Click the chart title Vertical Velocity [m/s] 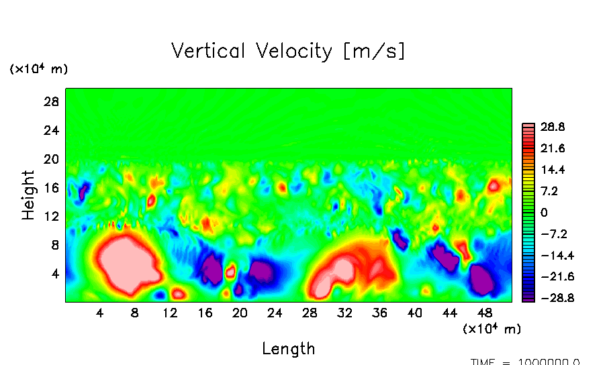pyautogui.click(x=288, y=51)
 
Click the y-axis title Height pyautogui.click(x=28, y=195)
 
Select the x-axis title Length pyautogui.click(x=288, y=349)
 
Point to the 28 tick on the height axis pyautogui.click(x=52, y=102)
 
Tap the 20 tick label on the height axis pyautogui.click(x=52, y=159)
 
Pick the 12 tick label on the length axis pyautogui.click(x=170, y=313)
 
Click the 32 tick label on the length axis pyautogui.click(x=344, y=313)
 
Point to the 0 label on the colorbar pyautogui.click(x=545, y=212)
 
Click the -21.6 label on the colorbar pyautogui.click(x=551, y=276)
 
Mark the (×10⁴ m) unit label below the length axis pyautogui.click(x=492, y=329)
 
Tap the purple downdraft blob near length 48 pyautogui.click(x=481, y=278)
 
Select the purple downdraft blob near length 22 pyautogui.click(x=261, y=271)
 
